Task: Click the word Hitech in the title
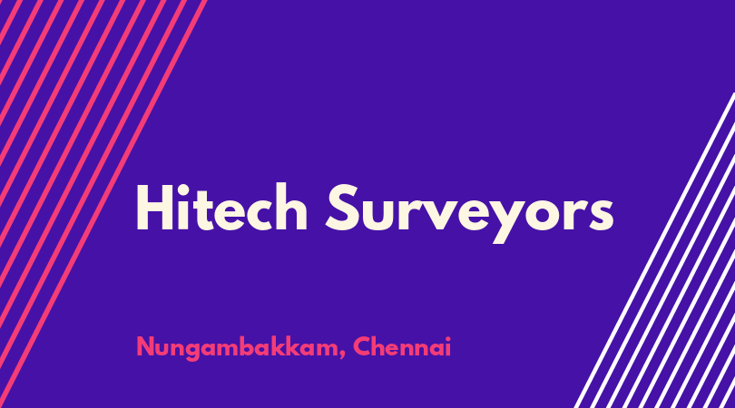pos(221,207)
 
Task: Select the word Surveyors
pos(470,213)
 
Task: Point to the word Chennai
pos(402,346)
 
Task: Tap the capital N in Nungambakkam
pos(145,347)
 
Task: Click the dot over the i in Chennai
pos(447,338)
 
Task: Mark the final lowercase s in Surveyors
pos(602,214)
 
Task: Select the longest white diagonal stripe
pos(655,249)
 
